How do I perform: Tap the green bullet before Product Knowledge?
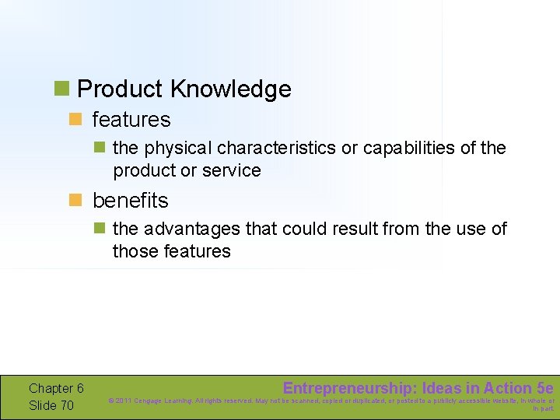coord(61,89)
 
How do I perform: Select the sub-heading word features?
coord(131,120)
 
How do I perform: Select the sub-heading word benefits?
coord(130,201)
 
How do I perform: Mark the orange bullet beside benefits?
coord(75,201)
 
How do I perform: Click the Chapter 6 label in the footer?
coord(56,388)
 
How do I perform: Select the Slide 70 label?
coord(51,405)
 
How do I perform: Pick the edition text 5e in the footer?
coord(544,388)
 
